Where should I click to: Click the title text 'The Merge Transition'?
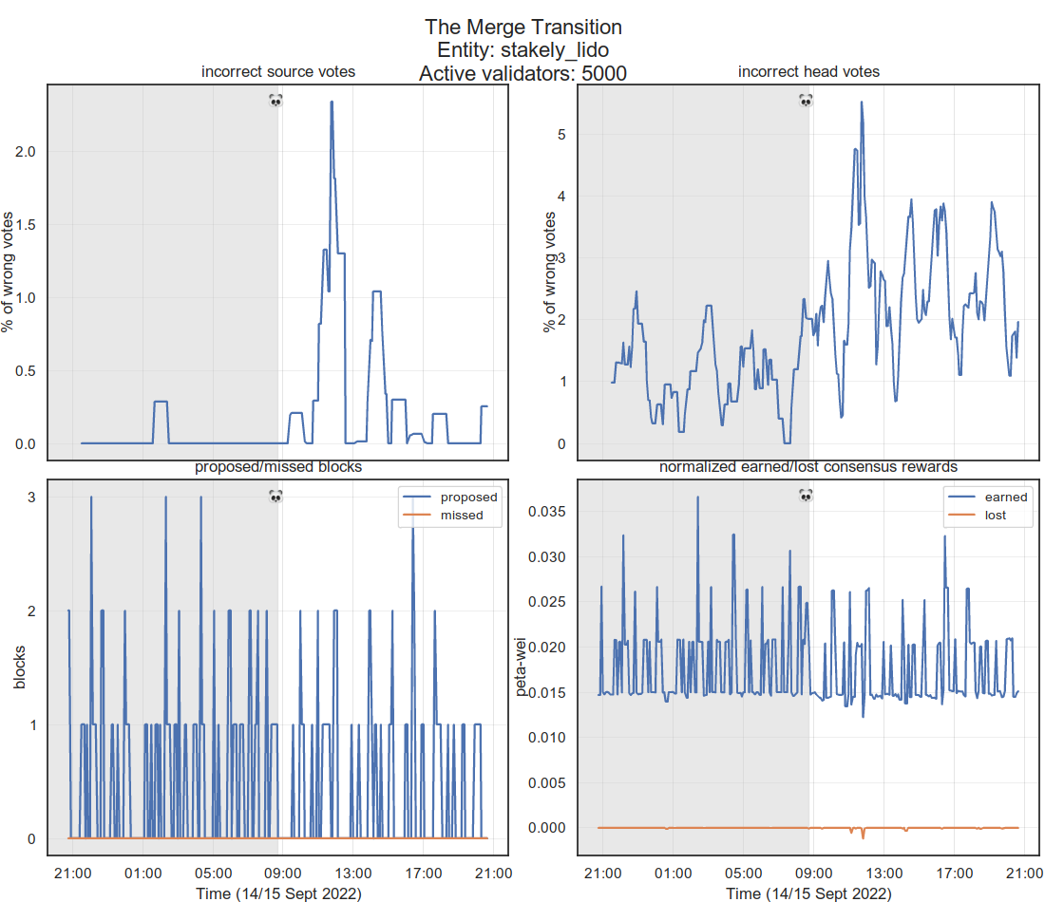pos(522,27)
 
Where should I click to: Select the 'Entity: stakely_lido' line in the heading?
pos(522,49)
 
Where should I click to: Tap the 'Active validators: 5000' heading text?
pos(522,73)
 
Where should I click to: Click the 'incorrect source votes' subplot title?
pos(278,72)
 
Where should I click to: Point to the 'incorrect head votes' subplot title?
pos(808,72)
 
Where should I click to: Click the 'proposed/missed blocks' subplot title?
pos(278,467)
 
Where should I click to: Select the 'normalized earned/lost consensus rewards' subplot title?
pos(808,467)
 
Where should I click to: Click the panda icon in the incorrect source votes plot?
pos(275,100)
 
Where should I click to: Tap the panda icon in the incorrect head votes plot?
pos(806,100)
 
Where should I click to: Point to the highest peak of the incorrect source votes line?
pos(332,102)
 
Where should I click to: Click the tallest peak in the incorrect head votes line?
pos(862,102)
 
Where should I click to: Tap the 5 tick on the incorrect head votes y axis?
pos(561,135)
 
